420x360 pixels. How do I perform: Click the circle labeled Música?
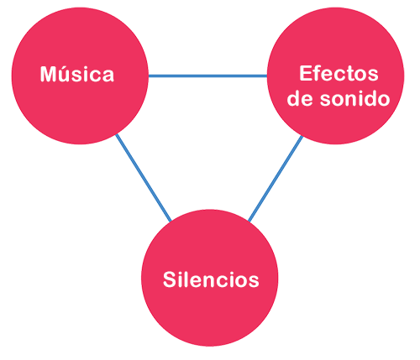80,76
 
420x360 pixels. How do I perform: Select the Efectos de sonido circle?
335,76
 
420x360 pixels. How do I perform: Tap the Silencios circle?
209,278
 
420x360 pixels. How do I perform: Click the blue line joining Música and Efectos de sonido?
207,76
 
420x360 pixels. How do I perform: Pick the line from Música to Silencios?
144,178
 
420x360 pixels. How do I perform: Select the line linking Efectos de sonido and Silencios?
276,179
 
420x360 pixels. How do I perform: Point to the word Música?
77,74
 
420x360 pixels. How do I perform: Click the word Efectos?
339,73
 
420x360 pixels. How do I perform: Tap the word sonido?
355,98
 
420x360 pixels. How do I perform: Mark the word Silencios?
211,279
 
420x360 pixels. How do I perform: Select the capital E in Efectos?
306,73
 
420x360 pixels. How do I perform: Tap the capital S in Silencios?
170,279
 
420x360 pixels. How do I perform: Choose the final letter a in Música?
108,76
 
